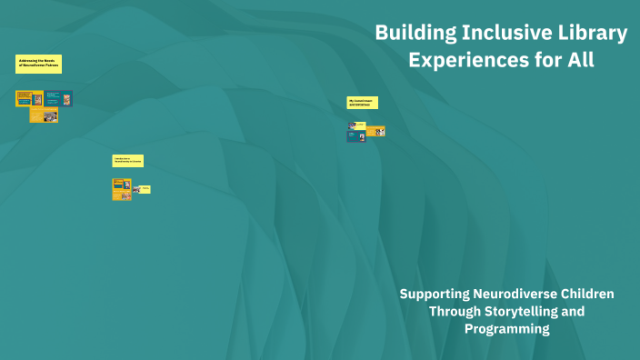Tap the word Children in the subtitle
click(x=589, y=294)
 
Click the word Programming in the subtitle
click(x=506, y=328)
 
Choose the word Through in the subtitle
click(x=453, y=311)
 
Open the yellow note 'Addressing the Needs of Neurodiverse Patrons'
click(x=38, y=64)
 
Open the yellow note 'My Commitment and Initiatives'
click(x=362, y=103)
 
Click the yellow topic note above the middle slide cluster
click(x=127, y=161)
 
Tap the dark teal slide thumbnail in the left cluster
click(x=59, y=97)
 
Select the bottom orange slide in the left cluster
click(x=44, y=115)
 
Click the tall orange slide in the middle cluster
click(x=122, y=189)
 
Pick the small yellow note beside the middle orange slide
click(x=144, y=189)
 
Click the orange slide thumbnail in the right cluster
click(x=375, y=131)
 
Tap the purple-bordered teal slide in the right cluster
click(x=356, y=135)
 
